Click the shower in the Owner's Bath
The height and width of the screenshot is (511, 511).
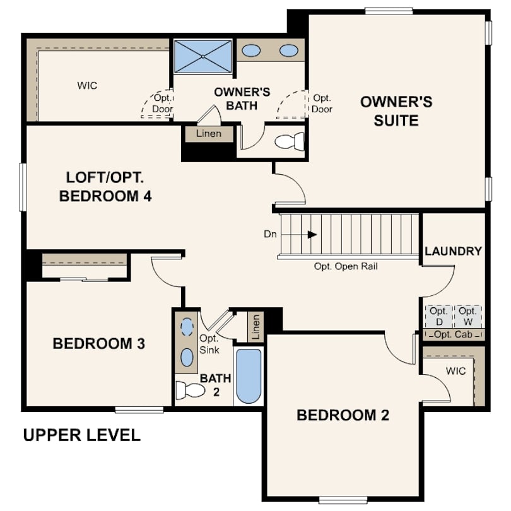203,56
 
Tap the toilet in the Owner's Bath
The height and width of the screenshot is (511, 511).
290,142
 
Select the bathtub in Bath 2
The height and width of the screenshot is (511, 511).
249,376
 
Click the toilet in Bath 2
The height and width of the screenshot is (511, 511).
190,390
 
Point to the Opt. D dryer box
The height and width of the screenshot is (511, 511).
438,316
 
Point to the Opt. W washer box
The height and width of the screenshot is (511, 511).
467,316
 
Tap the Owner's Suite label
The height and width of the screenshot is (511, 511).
396,111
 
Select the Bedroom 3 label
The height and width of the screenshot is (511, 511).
99,343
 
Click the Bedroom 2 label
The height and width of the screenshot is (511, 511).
343,415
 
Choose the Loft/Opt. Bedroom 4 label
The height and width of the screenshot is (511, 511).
105,187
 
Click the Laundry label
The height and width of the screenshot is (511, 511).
453,251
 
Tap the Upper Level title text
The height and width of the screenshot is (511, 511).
82,435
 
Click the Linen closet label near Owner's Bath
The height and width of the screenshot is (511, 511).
209,134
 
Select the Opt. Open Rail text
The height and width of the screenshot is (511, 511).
346,267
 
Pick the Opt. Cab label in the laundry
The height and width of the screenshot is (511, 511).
453,334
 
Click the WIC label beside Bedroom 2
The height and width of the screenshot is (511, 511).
455,371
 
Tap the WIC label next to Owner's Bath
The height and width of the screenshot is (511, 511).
87,86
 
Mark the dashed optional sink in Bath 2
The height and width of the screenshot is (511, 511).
187,327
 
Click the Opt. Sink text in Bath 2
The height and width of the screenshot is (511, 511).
209,344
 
